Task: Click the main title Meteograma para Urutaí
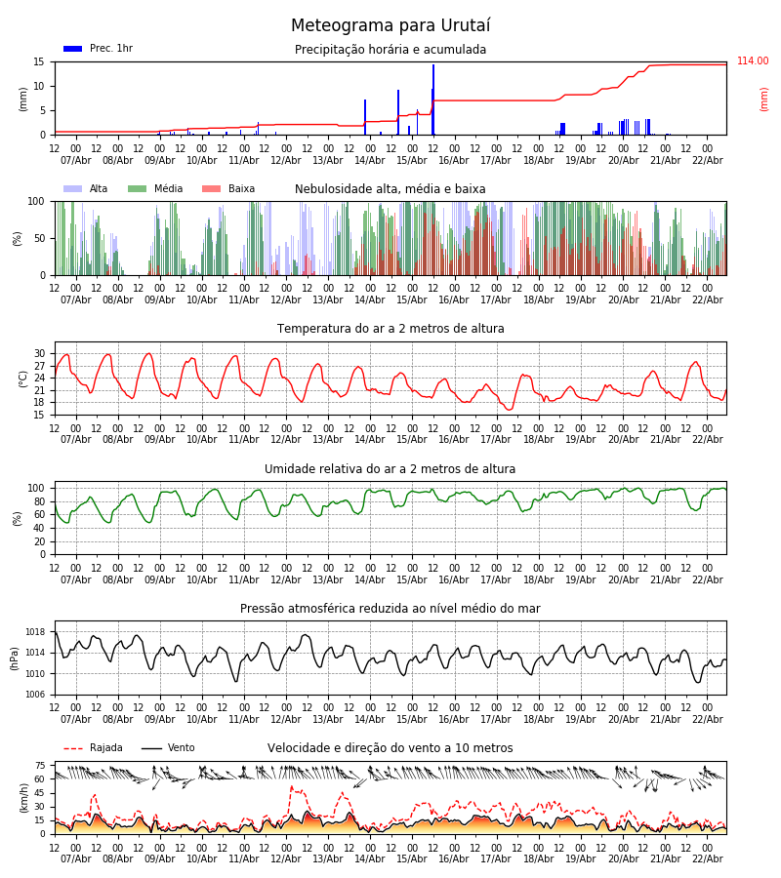(390, 26)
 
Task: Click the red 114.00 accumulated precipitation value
(752, 61)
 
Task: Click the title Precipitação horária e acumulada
(390, 50)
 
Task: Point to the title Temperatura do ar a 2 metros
(390, 329)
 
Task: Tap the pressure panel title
(390, 609)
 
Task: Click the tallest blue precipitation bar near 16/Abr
(433, 98)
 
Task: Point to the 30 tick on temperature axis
(40, 353)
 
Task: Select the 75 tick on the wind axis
(40, 766)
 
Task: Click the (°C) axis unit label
(23, 378)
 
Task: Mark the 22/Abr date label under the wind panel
(707, 858)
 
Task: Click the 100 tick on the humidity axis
(37, 488)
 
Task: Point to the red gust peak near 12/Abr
(291, 786)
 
